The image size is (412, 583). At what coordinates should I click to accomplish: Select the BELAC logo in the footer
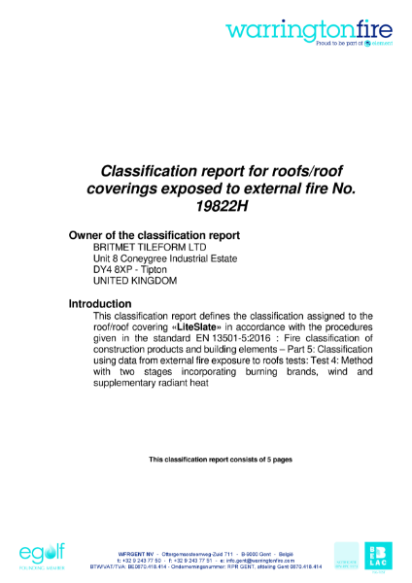click(378, 554)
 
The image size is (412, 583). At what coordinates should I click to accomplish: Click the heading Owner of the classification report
click(154, 235)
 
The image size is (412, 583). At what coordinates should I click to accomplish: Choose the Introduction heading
click(106, 304)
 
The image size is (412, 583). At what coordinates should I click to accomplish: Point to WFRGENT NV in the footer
click(137, 554)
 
